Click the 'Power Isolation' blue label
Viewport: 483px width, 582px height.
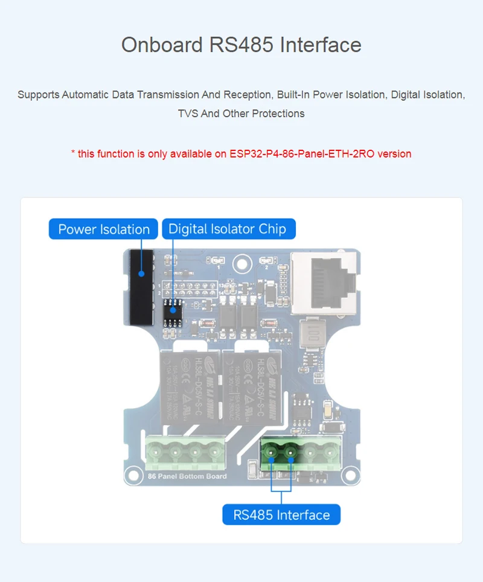coord(103,229)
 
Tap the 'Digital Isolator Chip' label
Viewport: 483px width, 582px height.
coord(227,229)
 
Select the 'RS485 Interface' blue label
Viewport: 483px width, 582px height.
coord(281,515)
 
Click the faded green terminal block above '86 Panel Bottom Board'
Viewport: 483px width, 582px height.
coord(185,453)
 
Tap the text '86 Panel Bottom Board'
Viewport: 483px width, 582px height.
coord(187,476)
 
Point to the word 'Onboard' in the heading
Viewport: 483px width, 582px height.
coord(162,45)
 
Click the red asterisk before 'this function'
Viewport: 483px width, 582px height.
coord(73,153)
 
